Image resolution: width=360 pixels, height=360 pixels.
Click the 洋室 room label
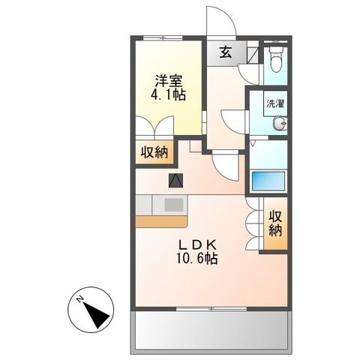coord(169,80)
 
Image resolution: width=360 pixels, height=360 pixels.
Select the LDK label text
coord(198,244)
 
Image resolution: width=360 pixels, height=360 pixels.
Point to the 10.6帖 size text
coord(197,259)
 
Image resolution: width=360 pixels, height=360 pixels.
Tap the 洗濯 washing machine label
coord(274,105)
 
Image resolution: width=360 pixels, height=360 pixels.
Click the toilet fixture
coord(275,57)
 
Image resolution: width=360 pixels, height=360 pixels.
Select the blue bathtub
coord(269,181)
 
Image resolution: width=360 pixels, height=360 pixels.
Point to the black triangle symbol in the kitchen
coord(175,180)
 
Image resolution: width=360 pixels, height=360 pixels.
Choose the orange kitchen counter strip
coord(162,220)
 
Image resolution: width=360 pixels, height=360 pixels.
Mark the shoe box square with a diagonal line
coord(252,54)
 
